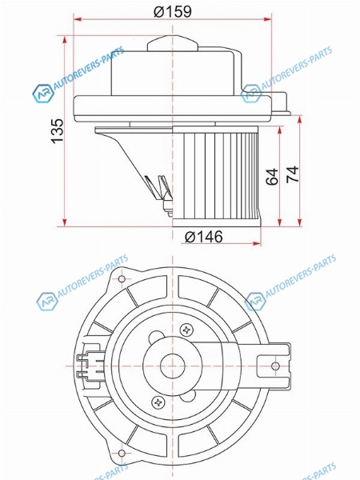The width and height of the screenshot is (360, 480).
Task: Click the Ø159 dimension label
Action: click(x=172, y=11)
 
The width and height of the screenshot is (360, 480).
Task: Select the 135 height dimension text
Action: click(x=58, y=131)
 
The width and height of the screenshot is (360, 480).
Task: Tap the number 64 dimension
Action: click(x=272, y=176)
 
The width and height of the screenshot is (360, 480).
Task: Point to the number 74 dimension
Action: click(x=292, y=174)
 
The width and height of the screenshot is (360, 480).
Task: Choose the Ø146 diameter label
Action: click(x=204, y=237)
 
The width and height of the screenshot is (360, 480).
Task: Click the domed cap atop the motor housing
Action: click(x=173, y=43)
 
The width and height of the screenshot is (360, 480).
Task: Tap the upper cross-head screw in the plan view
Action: click(x=186, y=330)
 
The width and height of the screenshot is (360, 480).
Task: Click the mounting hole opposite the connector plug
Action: click(x=275, y=366)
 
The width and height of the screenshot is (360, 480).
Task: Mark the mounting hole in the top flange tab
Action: click(x=122, y=279)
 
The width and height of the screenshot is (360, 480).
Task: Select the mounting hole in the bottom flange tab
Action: click(x=122, y=453)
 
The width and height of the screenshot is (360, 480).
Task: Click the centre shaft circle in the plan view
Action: click(x=173, y=366)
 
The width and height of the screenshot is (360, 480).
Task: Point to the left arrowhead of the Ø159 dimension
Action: click(x=78, y=19)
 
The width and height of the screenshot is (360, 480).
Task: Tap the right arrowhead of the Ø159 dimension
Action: click(x=267, y=19)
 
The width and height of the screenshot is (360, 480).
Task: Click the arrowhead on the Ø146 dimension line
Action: click(x=257, y=244)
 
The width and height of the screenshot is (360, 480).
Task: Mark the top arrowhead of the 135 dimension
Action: click(x=64, y=40)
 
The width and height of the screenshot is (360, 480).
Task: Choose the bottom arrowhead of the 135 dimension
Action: click(x=64, y=222)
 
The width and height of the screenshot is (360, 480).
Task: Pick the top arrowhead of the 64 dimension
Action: click(x=279, y=130)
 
